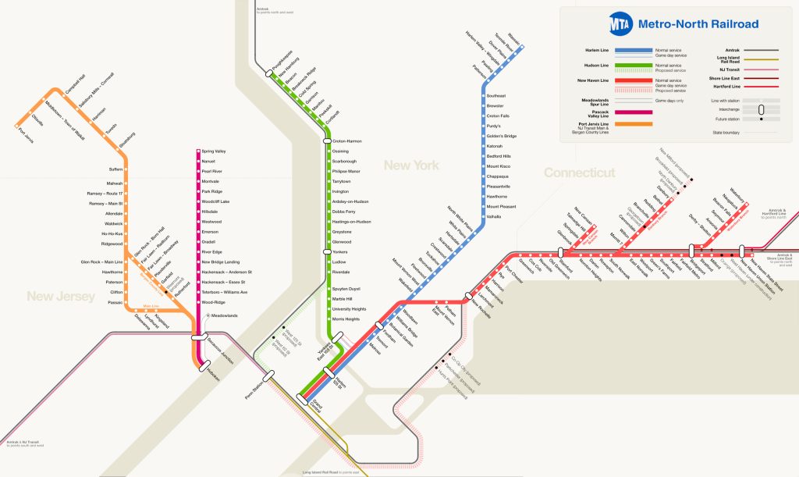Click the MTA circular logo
[622, 23]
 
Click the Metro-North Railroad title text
[698, 24]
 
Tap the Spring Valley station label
[214, 151]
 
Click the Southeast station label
[496, 95]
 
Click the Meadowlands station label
[225, 315]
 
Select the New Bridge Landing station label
[220, 262]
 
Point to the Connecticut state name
[579, 173]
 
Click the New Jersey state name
[61, 296]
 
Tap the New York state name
[410, 166]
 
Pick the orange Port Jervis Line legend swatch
[635, 123]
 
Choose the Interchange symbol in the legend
[761, 109]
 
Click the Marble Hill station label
[345, 298]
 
